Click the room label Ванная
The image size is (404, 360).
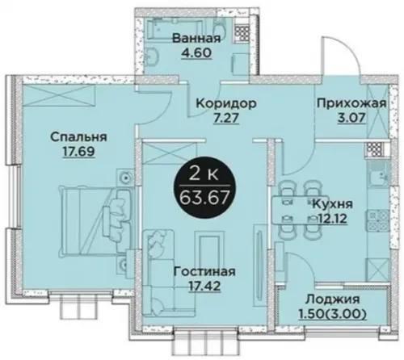(196, 38)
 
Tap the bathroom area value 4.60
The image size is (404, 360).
(196, 52)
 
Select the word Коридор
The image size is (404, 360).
(226, 103)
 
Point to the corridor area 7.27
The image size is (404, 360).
(226, 118)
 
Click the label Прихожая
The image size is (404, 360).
(351, 103)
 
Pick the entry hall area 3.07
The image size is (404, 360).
(351, 118)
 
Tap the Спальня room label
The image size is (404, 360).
(78, 137)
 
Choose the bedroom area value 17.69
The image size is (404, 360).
(78, 152)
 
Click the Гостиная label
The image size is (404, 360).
(204, 272)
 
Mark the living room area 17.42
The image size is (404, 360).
(204, 286)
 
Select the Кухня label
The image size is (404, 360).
(332, 204)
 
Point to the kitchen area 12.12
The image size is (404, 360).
(332, 219)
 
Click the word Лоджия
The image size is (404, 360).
(332, 299)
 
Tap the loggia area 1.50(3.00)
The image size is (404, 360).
(332, 314)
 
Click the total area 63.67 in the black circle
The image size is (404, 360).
(204, 198)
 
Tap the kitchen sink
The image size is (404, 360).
(379, 175)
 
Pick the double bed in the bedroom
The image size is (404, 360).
(96, 220)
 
